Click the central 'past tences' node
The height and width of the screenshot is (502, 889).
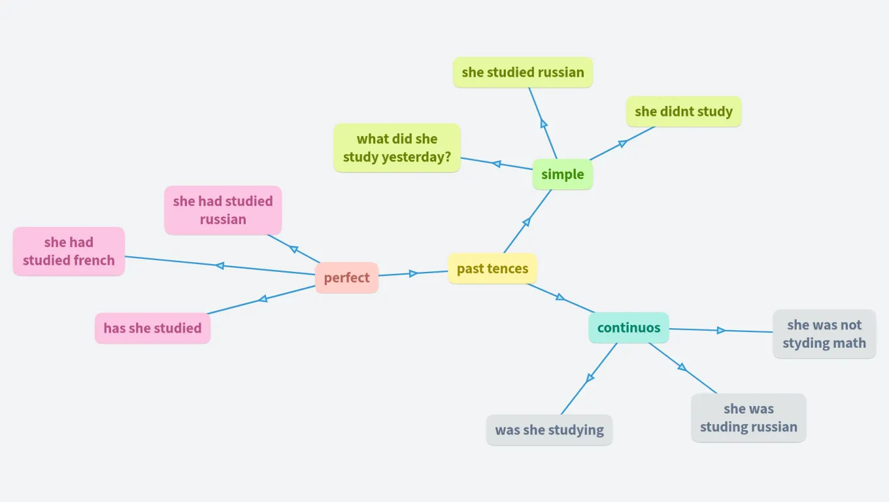pos(492,269)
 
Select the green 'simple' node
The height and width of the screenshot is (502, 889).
pos(562,175)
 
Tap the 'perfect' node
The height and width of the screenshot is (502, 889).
pos(346,278)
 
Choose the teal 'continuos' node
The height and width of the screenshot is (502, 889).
pos(629,327)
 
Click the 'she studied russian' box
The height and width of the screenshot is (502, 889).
pos(523,72)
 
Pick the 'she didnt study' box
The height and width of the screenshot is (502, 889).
pos(684,111)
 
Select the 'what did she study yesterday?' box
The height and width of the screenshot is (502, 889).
pos(397,148)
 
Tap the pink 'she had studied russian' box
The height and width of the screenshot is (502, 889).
pos(223,210)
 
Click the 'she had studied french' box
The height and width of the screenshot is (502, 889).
pos(69,251)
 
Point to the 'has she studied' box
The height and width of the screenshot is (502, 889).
pos(152,328)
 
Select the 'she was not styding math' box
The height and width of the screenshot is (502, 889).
pos(824,333)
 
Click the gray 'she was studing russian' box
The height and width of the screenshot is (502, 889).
pos(748,418)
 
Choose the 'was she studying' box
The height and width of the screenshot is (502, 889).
pos(549,430)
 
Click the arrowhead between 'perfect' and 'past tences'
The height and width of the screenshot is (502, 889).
pos(413,273)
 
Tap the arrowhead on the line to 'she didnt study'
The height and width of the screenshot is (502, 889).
pos(622,143)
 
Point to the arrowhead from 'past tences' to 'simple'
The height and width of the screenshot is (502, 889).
pos(526,222)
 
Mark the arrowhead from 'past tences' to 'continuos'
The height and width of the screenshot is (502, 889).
pos(560,297)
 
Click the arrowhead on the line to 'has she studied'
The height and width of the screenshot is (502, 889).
pos(263,299)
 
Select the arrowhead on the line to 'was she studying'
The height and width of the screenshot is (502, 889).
pos(590,377)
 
